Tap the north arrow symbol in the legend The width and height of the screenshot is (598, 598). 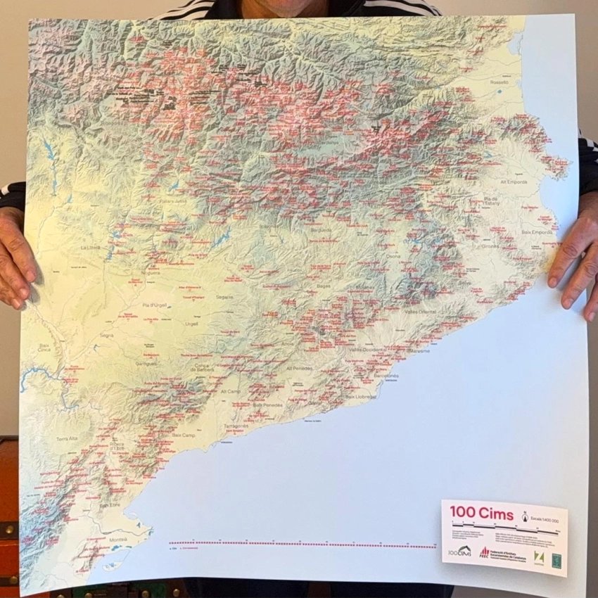(x=524, y=516)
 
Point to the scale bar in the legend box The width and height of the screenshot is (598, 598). (x=506, y=529)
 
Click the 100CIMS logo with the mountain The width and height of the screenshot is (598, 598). (x=460, y=552)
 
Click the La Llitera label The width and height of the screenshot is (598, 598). (x=91, y=248)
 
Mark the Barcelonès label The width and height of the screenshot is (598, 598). (x=386, y=376)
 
